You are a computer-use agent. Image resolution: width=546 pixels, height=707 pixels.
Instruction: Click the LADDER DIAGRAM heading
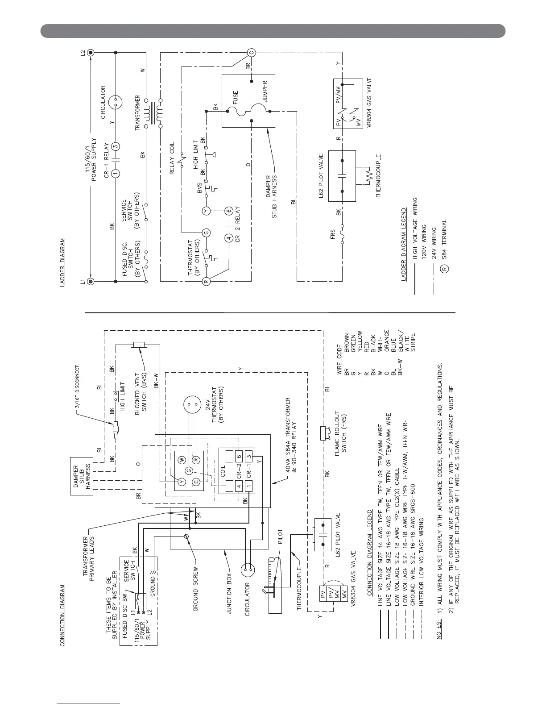tap(63, 265)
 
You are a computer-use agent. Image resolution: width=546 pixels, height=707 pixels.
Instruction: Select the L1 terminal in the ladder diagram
tap(91, 282)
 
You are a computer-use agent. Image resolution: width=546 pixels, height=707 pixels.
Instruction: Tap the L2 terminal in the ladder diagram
tap(91, 53)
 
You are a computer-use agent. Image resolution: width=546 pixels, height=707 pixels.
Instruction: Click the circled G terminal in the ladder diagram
tap(206, 232)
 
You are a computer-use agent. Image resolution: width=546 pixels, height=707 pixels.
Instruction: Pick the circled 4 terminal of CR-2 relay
tap(228, 239)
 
